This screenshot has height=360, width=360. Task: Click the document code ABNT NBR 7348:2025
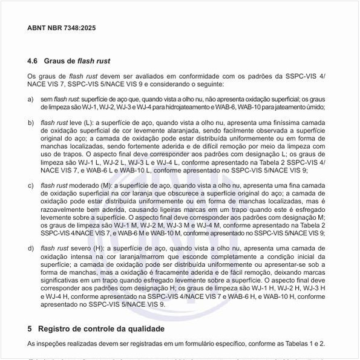point(62,28)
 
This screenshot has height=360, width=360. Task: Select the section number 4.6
point(33,62)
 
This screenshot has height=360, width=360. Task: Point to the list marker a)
point(31,99)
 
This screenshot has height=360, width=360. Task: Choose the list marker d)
point(31,248)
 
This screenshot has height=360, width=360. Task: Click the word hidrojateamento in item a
point(194,107)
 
